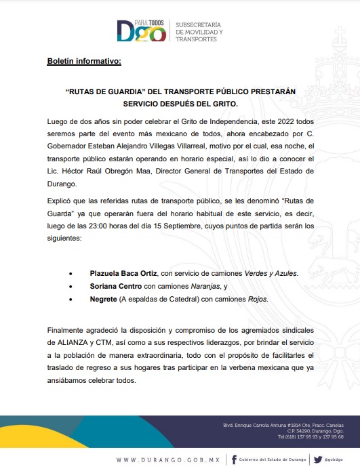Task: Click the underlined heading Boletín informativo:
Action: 84,62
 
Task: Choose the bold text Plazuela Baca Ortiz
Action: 123,273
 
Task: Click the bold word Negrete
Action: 103,299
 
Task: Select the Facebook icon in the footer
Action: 233,459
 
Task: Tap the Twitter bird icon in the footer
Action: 317,459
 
